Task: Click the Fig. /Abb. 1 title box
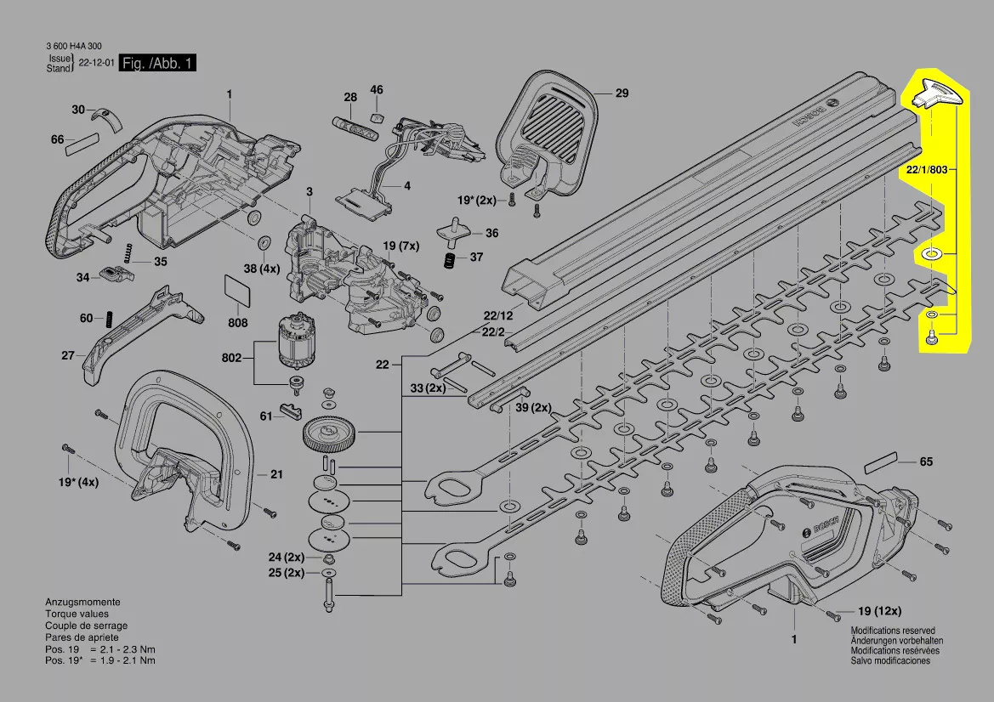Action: point(158,64)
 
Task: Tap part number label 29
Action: point(622,93)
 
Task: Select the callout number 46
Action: point(377,90)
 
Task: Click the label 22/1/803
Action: point(927,170)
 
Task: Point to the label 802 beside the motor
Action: point(231,358)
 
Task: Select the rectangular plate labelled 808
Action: point(237,292)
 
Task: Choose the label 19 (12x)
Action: point(879,611)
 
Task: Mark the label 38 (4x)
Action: point(261,269)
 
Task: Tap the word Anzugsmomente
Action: point(82,601)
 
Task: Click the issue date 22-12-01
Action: point(96,63)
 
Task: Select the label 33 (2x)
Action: point(428,388)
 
